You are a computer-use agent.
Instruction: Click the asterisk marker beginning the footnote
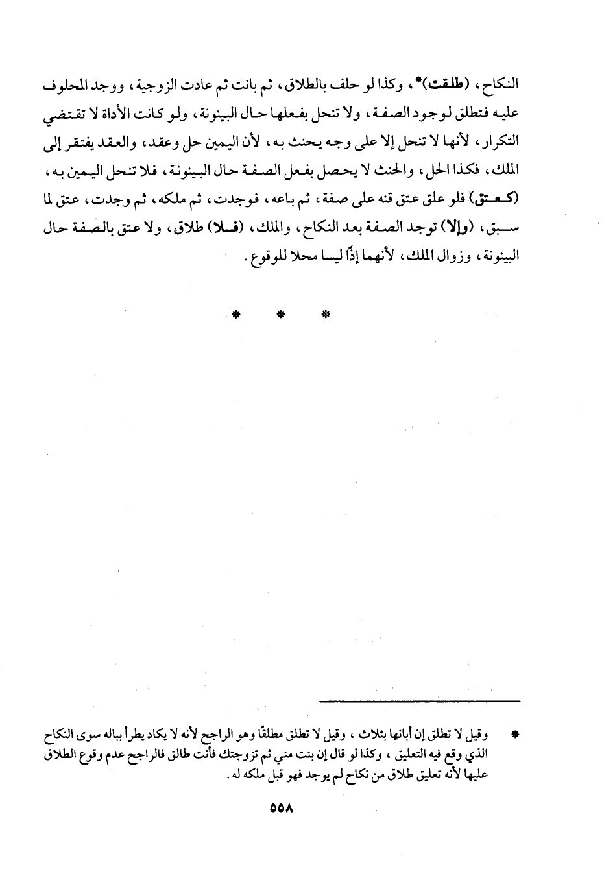515,736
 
